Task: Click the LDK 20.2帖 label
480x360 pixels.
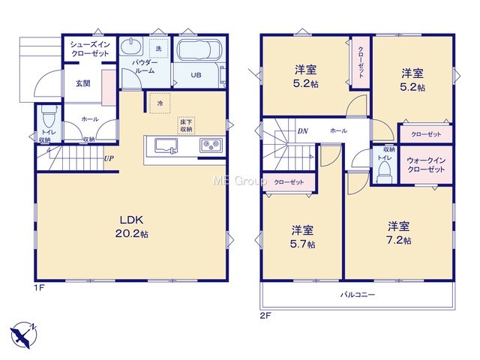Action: (x=132, y=226)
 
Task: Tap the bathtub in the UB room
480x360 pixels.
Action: (x=194, y=50)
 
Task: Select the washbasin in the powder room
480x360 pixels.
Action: (x=131, y=46)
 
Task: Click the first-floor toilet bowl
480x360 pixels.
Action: (x=48, y=117)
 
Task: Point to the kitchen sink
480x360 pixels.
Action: (x=166, y=145)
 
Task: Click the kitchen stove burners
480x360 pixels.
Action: (x=211, y=145)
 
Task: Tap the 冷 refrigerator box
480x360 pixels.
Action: (x=160, y=103)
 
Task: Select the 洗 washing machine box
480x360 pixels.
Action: (x=159, y=48)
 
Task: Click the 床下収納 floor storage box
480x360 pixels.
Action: (x=186, y=125)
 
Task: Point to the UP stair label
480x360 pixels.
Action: (x=109, y=158)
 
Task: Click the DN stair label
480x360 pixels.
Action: (x=303, y=131)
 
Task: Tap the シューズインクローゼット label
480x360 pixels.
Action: (x=90, y=49)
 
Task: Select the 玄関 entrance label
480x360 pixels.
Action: (x=83, y=83)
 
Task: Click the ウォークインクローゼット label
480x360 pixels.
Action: (x=426, y=165)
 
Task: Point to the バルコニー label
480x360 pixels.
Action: (x=358, y=295)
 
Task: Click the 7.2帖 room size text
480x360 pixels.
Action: (x=398, y=240)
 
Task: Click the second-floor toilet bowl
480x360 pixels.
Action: (x=383, y=172)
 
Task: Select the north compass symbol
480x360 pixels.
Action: (x=23, y=334)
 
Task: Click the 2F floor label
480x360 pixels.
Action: (x=265, y=316)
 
